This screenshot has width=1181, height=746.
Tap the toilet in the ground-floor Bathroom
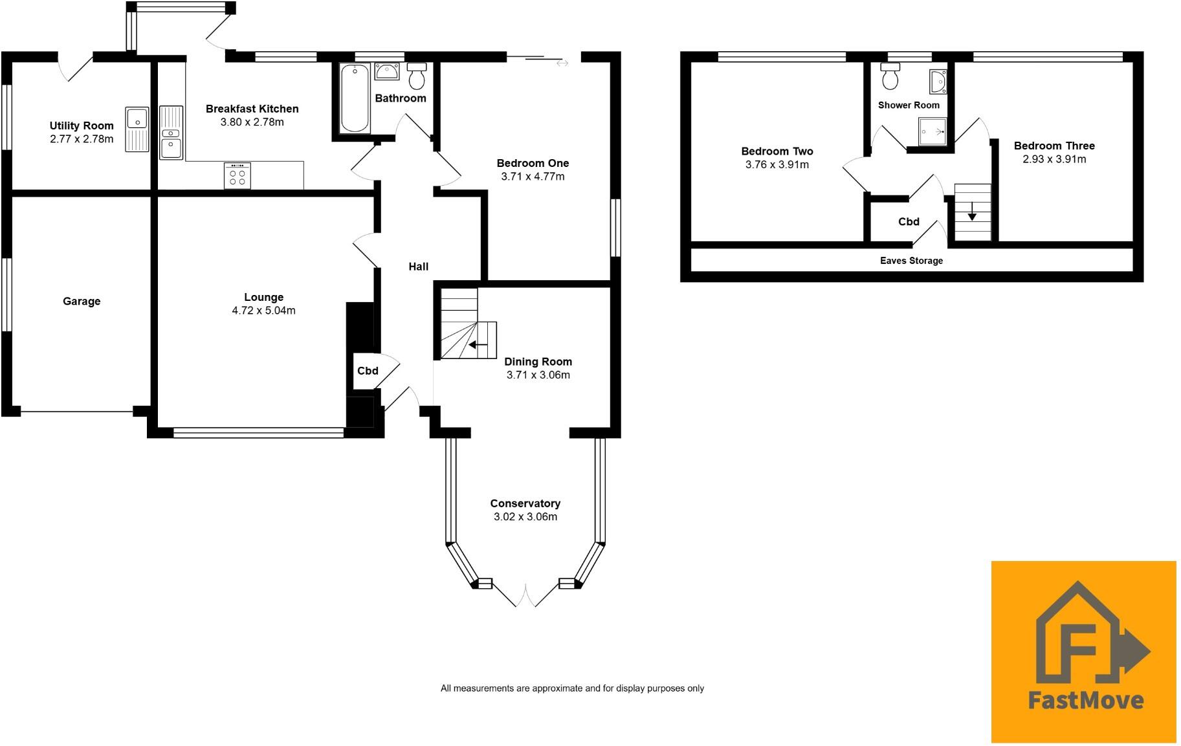(x=417, y=76)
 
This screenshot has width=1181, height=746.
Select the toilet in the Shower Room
(x=890, y=76)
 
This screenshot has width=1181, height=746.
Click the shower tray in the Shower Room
(x=933, y=131)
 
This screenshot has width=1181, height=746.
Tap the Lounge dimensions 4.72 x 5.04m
(x=263, y=311)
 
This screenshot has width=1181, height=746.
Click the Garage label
(x=82, y=301)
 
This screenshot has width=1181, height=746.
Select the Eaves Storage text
(x=911, y=261)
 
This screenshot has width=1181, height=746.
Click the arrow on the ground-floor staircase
(x=478, y=345)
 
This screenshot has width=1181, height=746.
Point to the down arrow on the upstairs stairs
(x=972, y=212)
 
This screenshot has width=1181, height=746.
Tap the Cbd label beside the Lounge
(x=368, y=371)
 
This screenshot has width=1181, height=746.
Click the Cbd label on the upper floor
(x=909, y=222)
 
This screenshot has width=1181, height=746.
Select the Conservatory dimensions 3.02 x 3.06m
(x=525, y=517)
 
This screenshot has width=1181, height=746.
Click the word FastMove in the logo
(x=1085, y=700)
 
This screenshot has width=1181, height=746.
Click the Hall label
(x=419, y=267)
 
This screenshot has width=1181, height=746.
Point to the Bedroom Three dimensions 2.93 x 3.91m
(x=1054, y=159)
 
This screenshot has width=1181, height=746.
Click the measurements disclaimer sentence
(x=572, y=688)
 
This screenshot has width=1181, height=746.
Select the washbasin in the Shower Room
(x=937, y=82)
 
